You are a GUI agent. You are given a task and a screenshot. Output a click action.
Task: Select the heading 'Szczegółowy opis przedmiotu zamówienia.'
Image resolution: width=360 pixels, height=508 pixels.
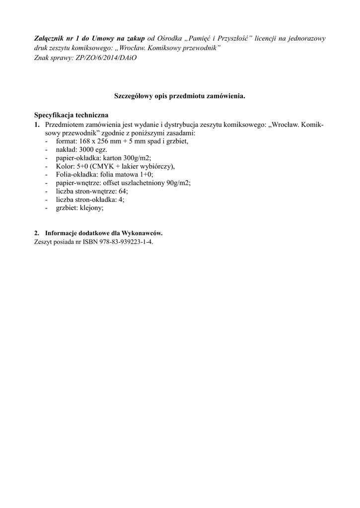click(x=180, y=96)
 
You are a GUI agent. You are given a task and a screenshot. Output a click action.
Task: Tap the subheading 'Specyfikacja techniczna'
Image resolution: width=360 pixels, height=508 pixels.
click(x=71, y=115)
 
